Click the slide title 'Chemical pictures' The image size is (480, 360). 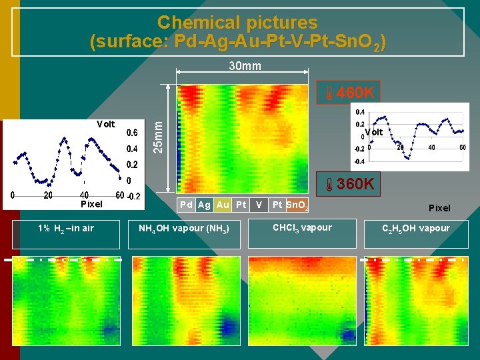[237, 23]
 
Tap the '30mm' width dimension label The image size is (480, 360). [245, 65]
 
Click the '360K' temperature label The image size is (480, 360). [352, 184]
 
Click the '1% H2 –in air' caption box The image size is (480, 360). [65, 229]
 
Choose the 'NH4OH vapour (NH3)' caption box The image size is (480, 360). [183, 229]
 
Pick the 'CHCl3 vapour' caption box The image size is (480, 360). [301, 228]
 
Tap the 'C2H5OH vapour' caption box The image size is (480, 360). [415, 229]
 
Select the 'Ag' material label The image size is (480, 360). [204, 205]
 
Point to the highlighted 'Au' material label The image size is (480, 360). [223, 205]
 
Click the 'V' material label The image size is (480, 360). [259, 205]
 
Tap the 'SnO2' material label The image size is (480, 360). [297, 205]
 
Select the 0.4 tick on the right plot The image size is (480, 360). [359, 112]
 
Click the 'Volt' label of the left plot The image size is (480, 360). [105, 124]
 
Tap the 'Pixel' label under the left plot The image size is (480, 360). [91, 204]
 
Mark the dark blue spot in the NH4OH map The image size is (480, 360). [229, 326]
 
